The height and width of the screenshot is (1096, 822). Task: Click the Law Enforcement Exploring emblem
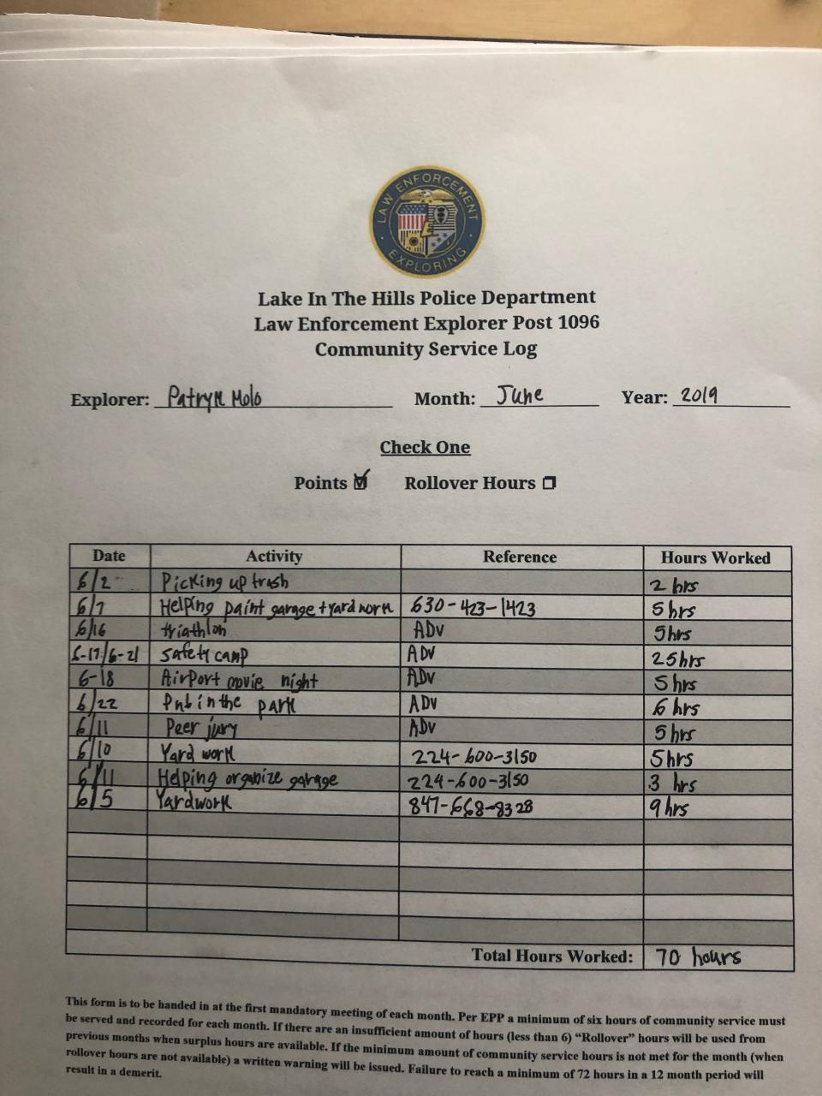(x=427, y=222)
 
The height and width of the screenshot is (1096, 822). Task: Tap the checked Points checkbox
(x=360, y=481)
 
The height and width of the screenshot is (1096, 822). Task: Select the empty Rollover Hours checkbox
(x=549, y=483)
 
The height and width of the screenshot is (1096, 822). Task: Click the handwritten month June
(x=520, y=396)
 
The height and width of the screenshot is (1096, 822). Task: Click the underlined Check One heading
(x=425, y=447)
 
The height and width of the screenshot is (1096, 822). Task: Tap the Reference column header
(x=519, y=557)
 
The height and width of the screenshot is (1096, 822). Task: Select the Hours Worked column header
(x=715, y=557)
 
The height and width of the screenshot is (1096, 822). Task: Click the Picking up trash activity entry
(x=224, y=582)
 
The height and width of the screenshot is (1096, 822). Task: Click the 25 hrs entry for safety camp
(x=676, y=659)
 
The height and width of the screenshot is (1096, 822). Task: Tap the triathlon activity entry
(x=194, y=631)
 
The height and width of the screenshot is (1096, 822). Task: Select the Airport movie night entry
(x=239, y=681)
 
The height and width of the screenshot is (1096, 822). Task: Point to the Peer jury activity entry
(x=201, y=730)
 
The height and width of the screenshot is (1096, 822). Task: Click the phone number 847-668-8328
(x=472, y=806)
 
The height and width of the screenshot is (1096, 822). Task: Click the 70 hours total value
(x=698, y=956)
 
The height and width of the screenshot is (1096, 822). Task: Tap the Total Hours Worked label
(x=551, y=956)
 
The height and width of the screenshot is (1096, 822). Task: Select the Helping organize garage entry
(x=247, y=779)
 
